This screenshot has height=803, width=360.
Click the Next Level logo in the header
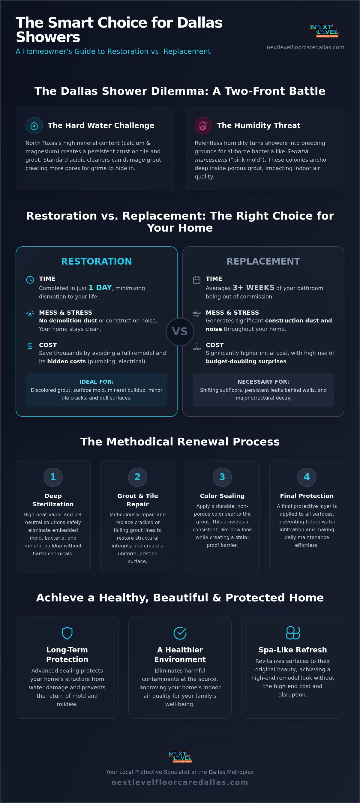click(324, 31)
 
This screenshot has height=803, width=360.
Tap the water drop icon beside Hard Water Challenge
click(34, 126)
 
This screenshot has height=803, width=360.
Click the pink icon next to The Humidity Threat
click(203, 126)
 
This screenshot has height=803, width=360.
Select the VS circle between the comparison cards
click(180, 332)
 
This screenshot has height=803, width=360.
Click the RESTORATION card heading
click(97, 261)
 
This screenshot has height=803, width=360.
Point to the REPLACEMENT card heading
click(263, 261)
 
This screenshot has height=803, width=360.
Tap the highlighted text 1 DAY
click(100, 287)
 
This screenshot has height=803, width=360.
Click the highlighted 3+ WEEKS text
click(253, 287)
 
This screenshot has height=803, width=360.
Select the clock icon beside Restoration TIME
click(30, 280)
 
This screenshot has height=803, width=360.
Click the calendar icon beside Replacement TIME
click(197, 280)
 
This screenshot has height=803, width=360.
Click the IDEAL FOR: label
click(97, 382)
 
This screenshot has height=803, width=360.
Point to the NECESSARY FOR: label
click(263, 382)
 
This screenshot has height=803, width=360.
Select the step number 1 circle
click(53, 477)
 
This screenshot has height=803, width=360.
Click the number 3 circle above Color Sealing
click(222, 477)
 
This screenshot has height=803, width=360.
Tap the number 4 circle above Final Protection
click(307, 477)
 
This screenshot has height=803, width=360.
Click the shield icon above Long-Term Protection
click(67, 633)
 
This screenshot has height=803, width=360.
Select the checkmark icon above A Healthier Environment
click(180, 633)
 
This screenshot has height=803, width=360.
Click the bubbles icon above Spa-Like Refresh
click(293, 633)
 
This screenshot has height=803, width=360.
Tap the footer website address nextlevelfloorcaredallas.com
click(180, 782)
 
